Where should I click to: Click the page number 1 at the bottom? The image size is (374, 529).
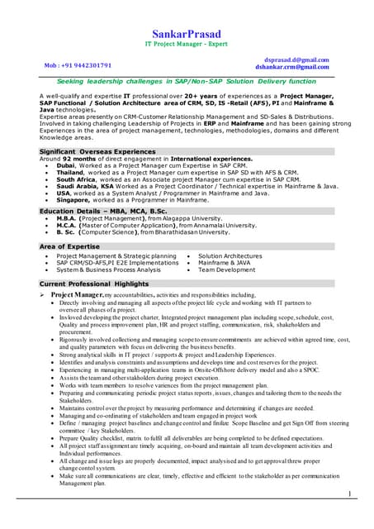[350, 493]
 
